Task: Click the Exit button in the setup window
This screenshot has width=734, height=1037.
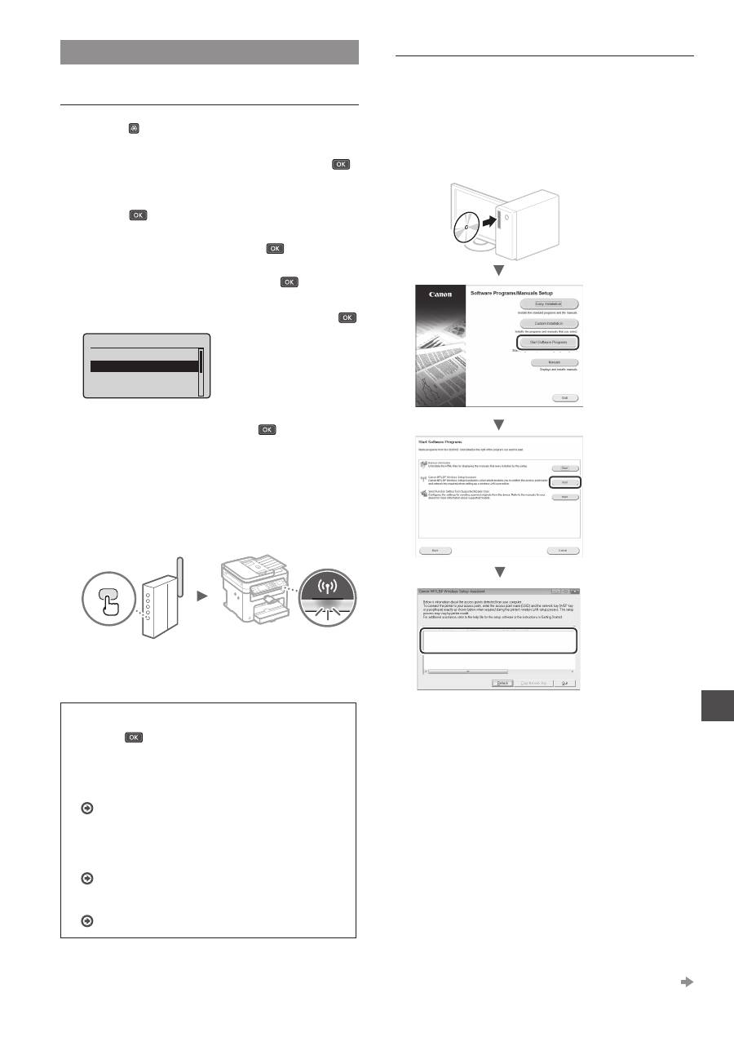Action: coord(564,397)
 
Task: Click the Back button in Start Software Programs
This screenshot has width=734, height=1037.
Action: coord(436,551)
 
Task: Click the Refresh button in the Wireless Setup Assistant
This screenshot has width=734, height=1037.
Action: coord(503,683)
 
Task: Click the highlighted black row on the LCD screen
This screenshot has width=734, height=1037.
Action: coord(144,366)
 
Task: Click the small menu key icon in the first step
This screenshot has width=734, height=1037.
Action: coord(133,129)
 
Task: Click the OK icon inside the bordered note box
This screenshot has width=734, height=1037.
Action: coord(134,737)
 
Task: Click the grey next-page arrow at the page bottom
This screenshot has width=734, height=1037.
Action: coord(687,982)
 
